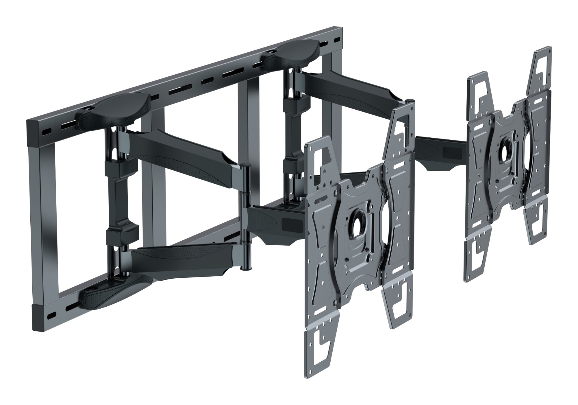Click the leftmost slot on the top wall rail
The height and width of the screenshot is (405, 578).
[46, 132]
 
